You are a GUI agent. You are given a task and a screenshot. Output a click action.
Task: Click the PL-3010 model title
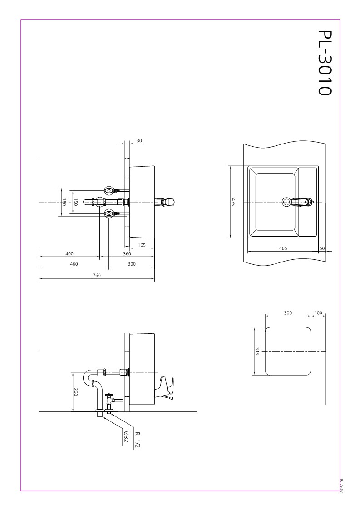325,63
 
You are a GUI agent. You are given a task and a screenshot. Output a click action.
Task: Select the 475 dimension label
233,202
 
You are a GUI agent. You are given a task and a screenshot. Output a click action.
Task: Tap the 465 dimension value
283,248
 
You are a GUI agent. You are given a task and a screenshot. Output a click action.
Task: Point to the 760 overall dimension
97,275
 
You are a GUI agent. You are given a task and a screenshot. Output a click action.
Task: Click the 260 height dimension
76,392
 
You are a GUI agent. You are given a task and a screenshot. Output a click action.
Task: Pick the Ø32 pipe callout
126,438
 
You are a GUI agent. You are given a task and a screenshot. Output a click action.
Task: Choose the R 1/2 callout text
137,440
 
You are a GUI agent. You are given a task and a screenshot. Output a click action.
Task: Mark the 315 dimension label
257,351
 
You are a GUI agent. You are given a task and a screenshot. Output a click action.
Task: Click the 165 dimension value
142,245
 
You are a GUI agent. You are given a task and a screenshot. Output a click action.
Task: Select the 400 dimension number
69,254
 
